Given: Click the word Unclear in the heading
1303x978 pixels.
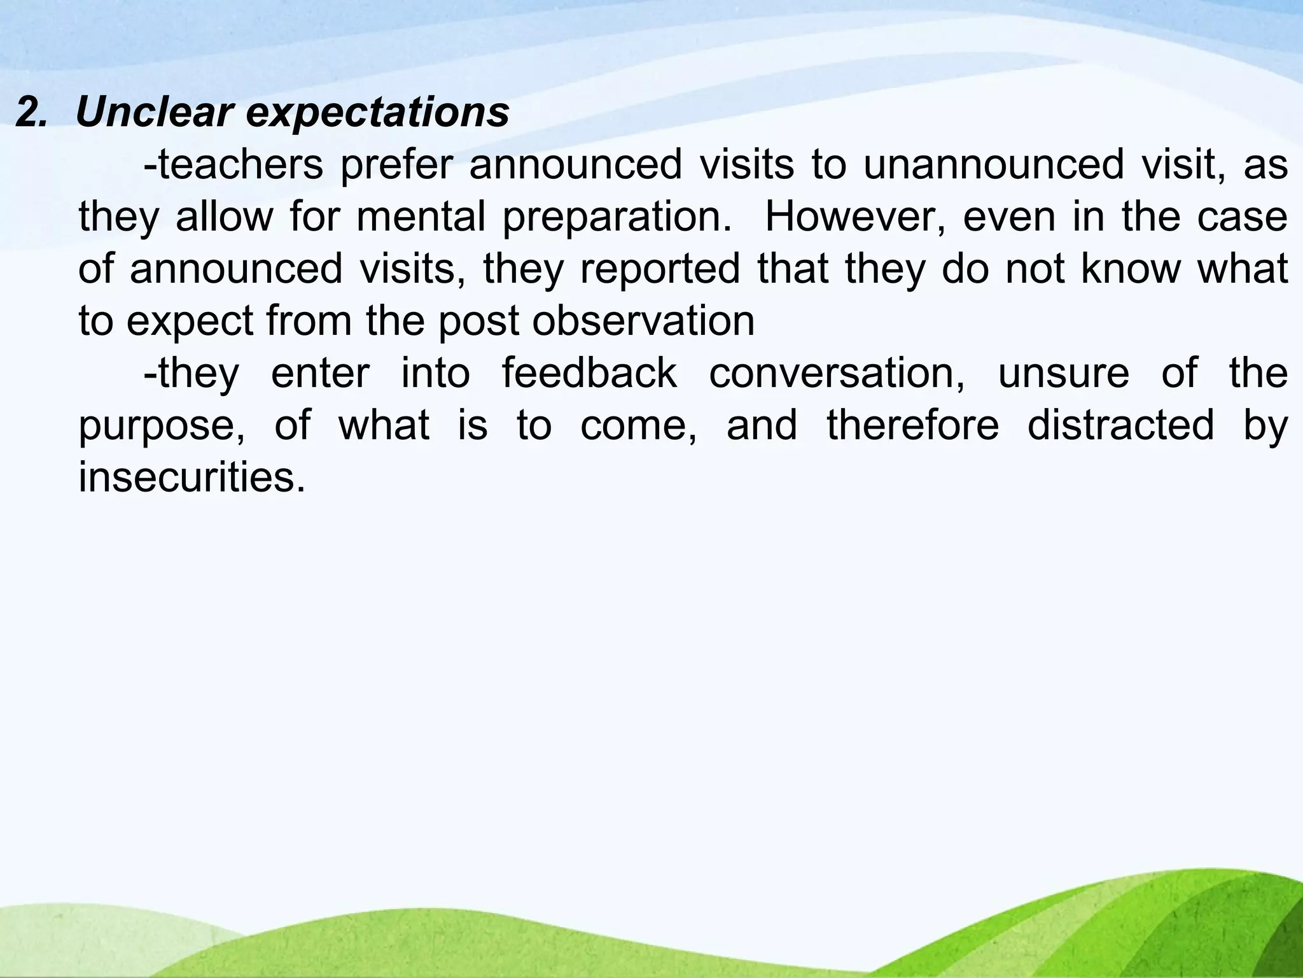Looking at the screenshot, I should pos(153,113).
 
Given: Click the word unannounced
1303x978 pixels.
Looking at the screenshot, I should pos(993,165).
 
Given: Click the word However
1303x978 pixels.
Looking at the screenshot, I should pos(856,217).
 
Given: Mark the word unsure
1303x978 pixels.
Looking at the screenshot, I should pos(1063,374).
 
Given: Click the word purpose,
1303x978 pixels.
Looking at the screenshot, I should pos(162,426).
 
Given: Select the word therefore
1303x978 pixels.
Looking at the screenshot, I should pos(913,426).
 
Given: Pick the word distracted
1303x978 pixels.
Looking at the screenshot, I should pos(1120,426).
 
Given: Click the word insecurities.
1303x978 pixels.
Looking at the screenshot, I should pos(192,478).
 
